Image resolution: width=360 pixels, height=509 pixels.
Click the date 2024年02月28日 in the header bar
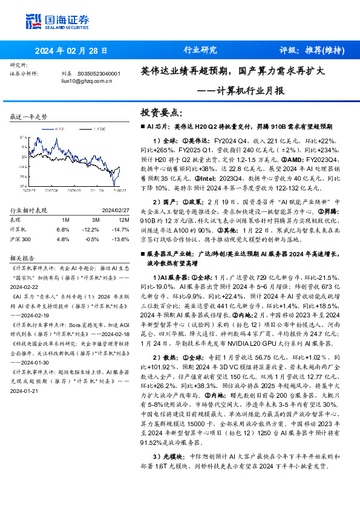pos(71,50)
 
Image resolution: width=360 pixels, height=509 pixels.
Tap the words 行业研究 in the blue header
pos(200,50)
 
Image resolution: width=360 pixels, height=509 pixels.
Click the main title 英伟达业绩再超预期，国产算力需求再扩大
pos(233,71)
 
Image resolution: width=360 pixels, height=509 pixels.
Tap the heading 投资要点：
pos(161,113)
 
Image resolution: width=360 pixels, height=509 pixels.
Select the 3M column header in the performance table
pos(88,219)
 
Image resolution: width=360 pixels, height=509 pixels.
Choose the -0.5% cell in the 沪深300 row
pos(88,239)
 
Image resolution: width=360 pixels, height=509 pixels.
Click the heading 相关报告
pos(22,257)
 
